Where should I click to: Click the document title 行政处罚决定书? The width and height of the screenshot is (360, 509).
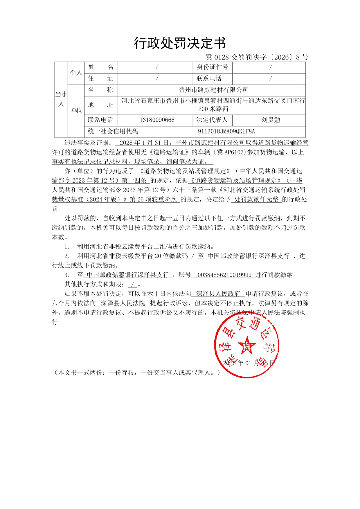[180, 44]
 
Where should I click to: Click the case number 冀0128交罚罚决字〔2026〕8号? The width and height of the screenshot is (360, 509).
[257, 57]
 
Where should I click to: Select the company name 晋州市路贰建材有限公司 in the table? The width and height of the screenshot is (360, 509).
[213, 90]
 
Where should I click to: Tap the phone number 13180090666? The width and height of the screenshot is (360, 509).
[157, 120]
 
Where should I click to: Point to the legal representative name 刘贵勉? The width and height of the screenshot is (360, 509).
[270, 120]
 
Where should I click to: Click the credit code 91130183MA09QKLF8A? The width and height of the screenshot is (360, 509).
[226, 132]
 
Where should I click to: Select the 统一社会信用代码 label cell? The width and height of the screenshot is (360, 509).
[113, 132]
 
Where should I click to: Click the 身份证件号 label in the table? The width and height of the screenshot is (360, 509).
[213, 67]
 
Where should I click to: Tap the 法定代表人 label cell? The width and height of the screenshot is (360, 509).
[212, 120]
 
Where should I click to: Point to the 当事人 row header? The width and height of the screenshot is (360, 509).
[61, 99]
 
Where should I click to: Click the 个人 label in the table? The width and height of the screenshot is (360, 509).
[76, 73]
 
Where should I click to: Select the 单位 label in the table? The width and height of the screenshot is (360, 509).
[76, 111]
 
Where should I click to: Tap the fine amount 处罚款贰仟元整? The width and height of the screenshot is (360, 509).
[256, 199]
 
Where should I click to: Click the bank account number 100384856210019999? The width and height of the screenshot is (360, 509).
[223, 275]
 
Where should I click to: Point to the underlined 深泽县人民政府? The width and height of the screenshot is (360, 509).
[218, 294]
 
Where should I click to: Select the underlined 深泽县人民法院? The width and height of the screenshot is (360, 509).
[123, 303]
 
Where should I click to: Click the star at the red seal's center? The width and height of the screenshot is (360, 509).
[247, 345]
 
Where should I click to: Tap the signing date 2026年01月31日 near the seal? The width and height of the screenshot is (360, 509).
[249, 363]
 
